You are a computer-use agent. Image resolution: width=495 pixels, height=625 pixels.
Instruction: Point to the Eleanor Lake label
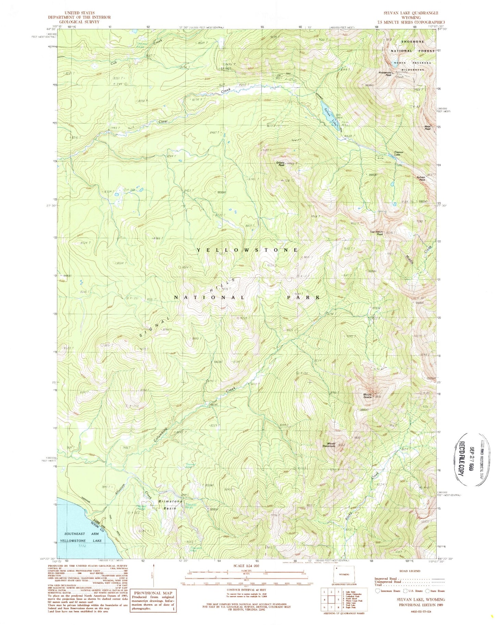coord(399,153)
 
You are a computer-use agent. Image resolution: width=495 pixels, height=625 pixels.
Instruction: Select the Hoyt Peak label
coord(427,128)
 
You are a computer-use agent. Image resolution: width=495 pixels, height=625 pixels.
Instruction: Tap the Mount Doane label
coord(370,396)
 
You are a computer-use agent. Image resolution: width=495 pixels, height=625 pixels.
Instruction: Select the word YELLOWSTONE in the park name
coord(247,250)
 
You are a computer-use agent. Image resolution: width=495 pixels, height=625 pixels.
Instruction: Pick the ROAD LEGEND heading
coord(410,572)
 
